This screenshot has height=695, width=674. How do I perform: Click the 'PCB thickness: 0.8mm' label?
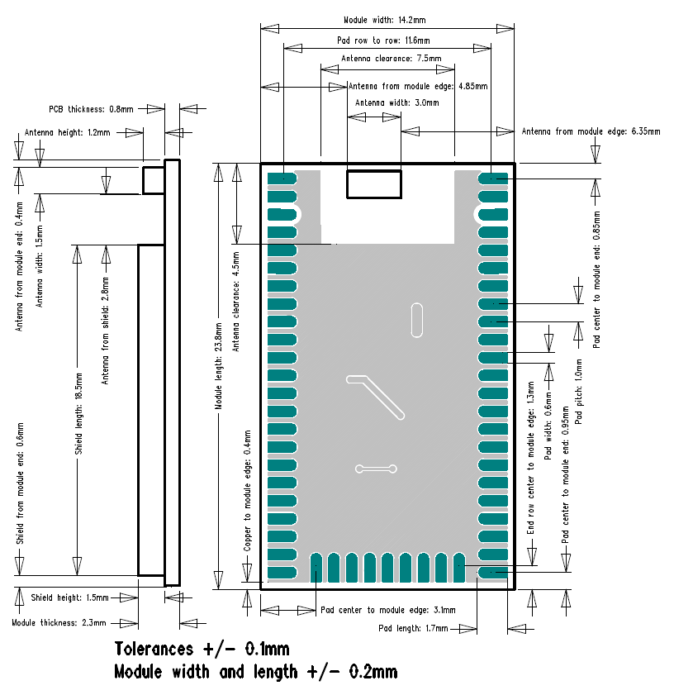coord(91,108)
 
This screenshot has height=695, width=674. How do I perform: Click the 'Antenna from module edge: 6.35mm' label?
coord(591,131)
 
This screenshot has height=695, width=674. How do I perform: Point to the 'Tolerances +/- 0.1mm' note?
coord(202,649)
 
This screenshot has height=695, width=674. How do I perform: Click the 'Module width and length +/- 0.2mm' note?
coord(256,672)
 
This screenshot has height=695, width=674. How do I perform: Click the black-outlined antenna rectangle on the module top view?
coord(374,183)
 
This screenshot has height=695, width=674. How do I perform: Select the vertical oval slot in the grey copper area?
coord(416,320)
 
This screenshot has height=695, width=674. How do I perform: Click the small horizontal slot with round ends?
coord(376,469)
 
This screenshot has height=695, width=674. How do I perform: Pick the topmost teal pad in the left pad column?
coord(282,178)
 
